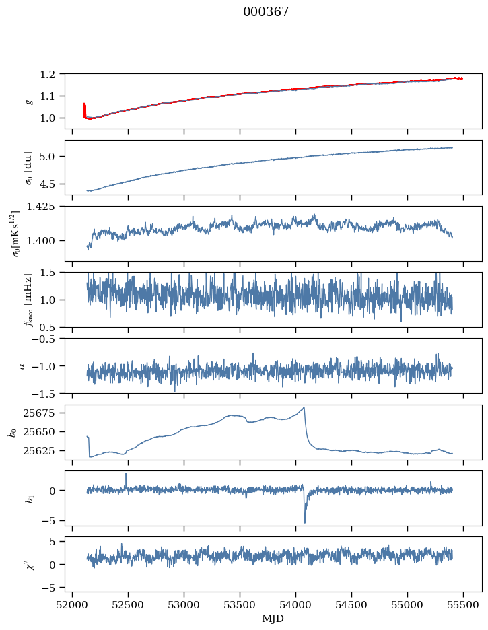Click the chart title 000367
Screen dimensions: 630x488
click(x=266, y=12)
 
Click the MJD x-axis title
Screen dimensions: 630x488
click(x=273, y=619)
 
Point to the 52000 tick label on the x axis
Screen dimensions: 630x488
click(x=72, y=604)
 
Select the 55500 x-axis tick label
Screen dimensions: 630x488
click(x=463, y=604)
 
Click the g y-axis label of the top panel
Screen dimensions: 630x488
click(x=29, y=101)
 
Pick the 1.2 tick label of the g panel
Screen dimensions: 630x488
click(x=52, y=74)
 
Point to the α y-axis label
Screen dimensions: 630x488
click(x=22, y=365)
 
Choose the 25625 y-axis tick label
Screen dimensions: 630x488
click(x=44, y=450)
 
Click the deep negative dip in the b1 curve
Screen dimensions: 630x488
click(x=305, y=522)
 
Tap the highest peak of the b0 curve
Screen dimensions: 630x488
click(x=304, y=407)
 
